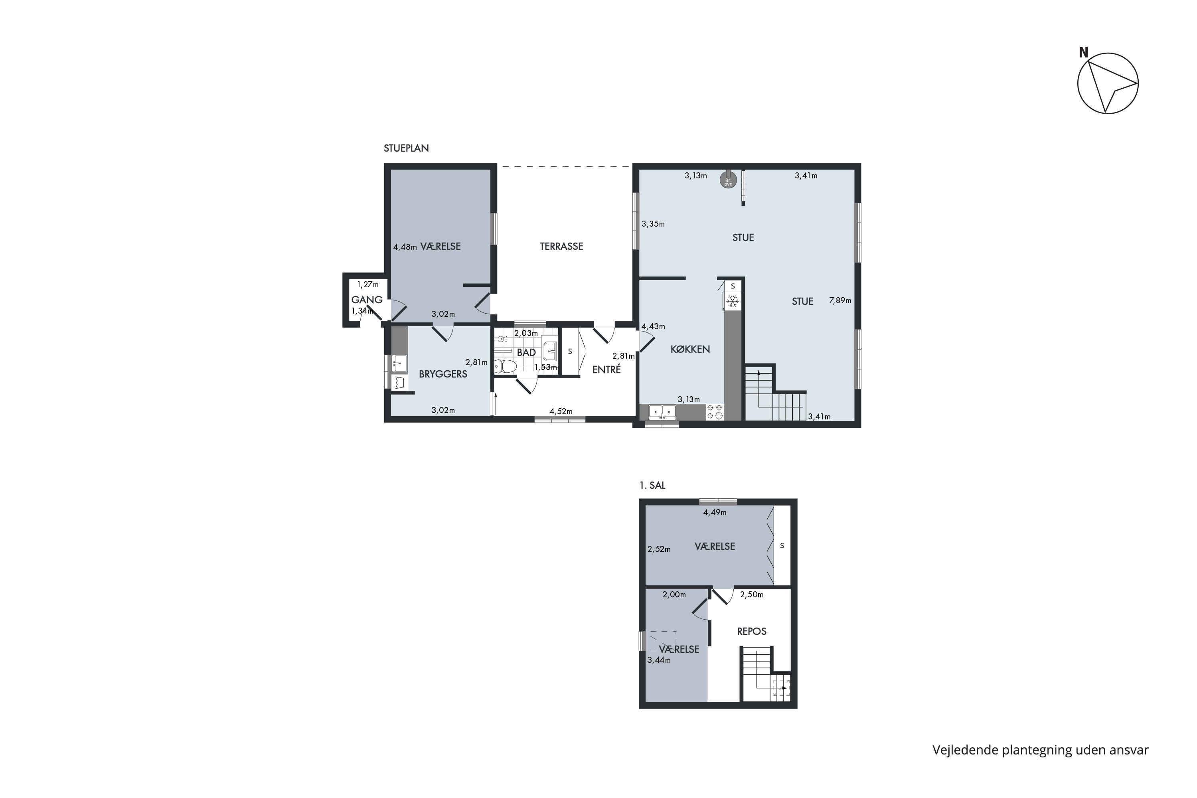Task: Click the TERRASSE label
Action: [561, 246]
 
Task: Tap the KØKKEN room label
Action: [690, 349]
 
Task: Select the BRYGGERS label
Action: [443, 374]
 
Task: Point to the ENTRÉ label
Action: [606, 369]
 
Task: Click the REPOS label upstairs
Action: [752, 632]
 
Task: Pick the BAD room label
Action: [526, 352]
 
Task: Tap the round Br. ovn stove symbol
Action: [728, 180]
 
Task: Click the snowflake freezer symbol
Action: [732, 302]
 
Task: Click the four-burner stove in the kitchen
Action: [715, 412]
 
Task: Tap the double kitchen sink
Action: [662, 411]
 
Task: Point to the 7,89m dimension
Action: [840, 301]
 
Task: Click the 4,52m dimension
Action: [561, 411]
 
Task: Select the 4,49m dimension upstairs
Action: [715, 512]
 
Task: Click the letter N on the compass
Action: [1084, 52]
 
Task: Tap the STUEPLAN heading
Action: [406, 148]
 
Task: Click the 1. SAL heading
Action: [652, 486]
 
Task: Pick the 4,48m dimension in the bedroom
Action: [405, 247]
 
